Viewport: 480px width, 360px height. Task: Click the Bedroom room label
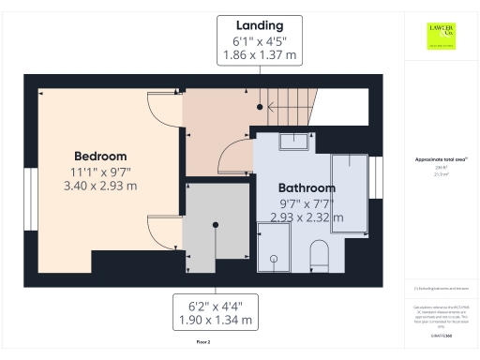[99, 156]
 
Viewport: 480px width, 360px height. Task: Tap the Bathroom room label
[307, 187]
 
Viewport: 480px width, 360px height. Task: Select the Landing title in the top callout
[260, 24]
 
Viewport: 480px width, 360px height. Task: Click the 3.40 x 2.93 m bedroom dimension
[99, 186]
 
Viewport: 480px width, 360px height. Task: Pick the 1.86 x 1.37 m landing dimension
[260, 55]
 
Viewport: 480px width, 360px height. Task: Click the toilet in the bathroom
[319, 255]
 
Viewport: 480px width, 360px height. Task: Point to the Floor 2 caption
[203, 343]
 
